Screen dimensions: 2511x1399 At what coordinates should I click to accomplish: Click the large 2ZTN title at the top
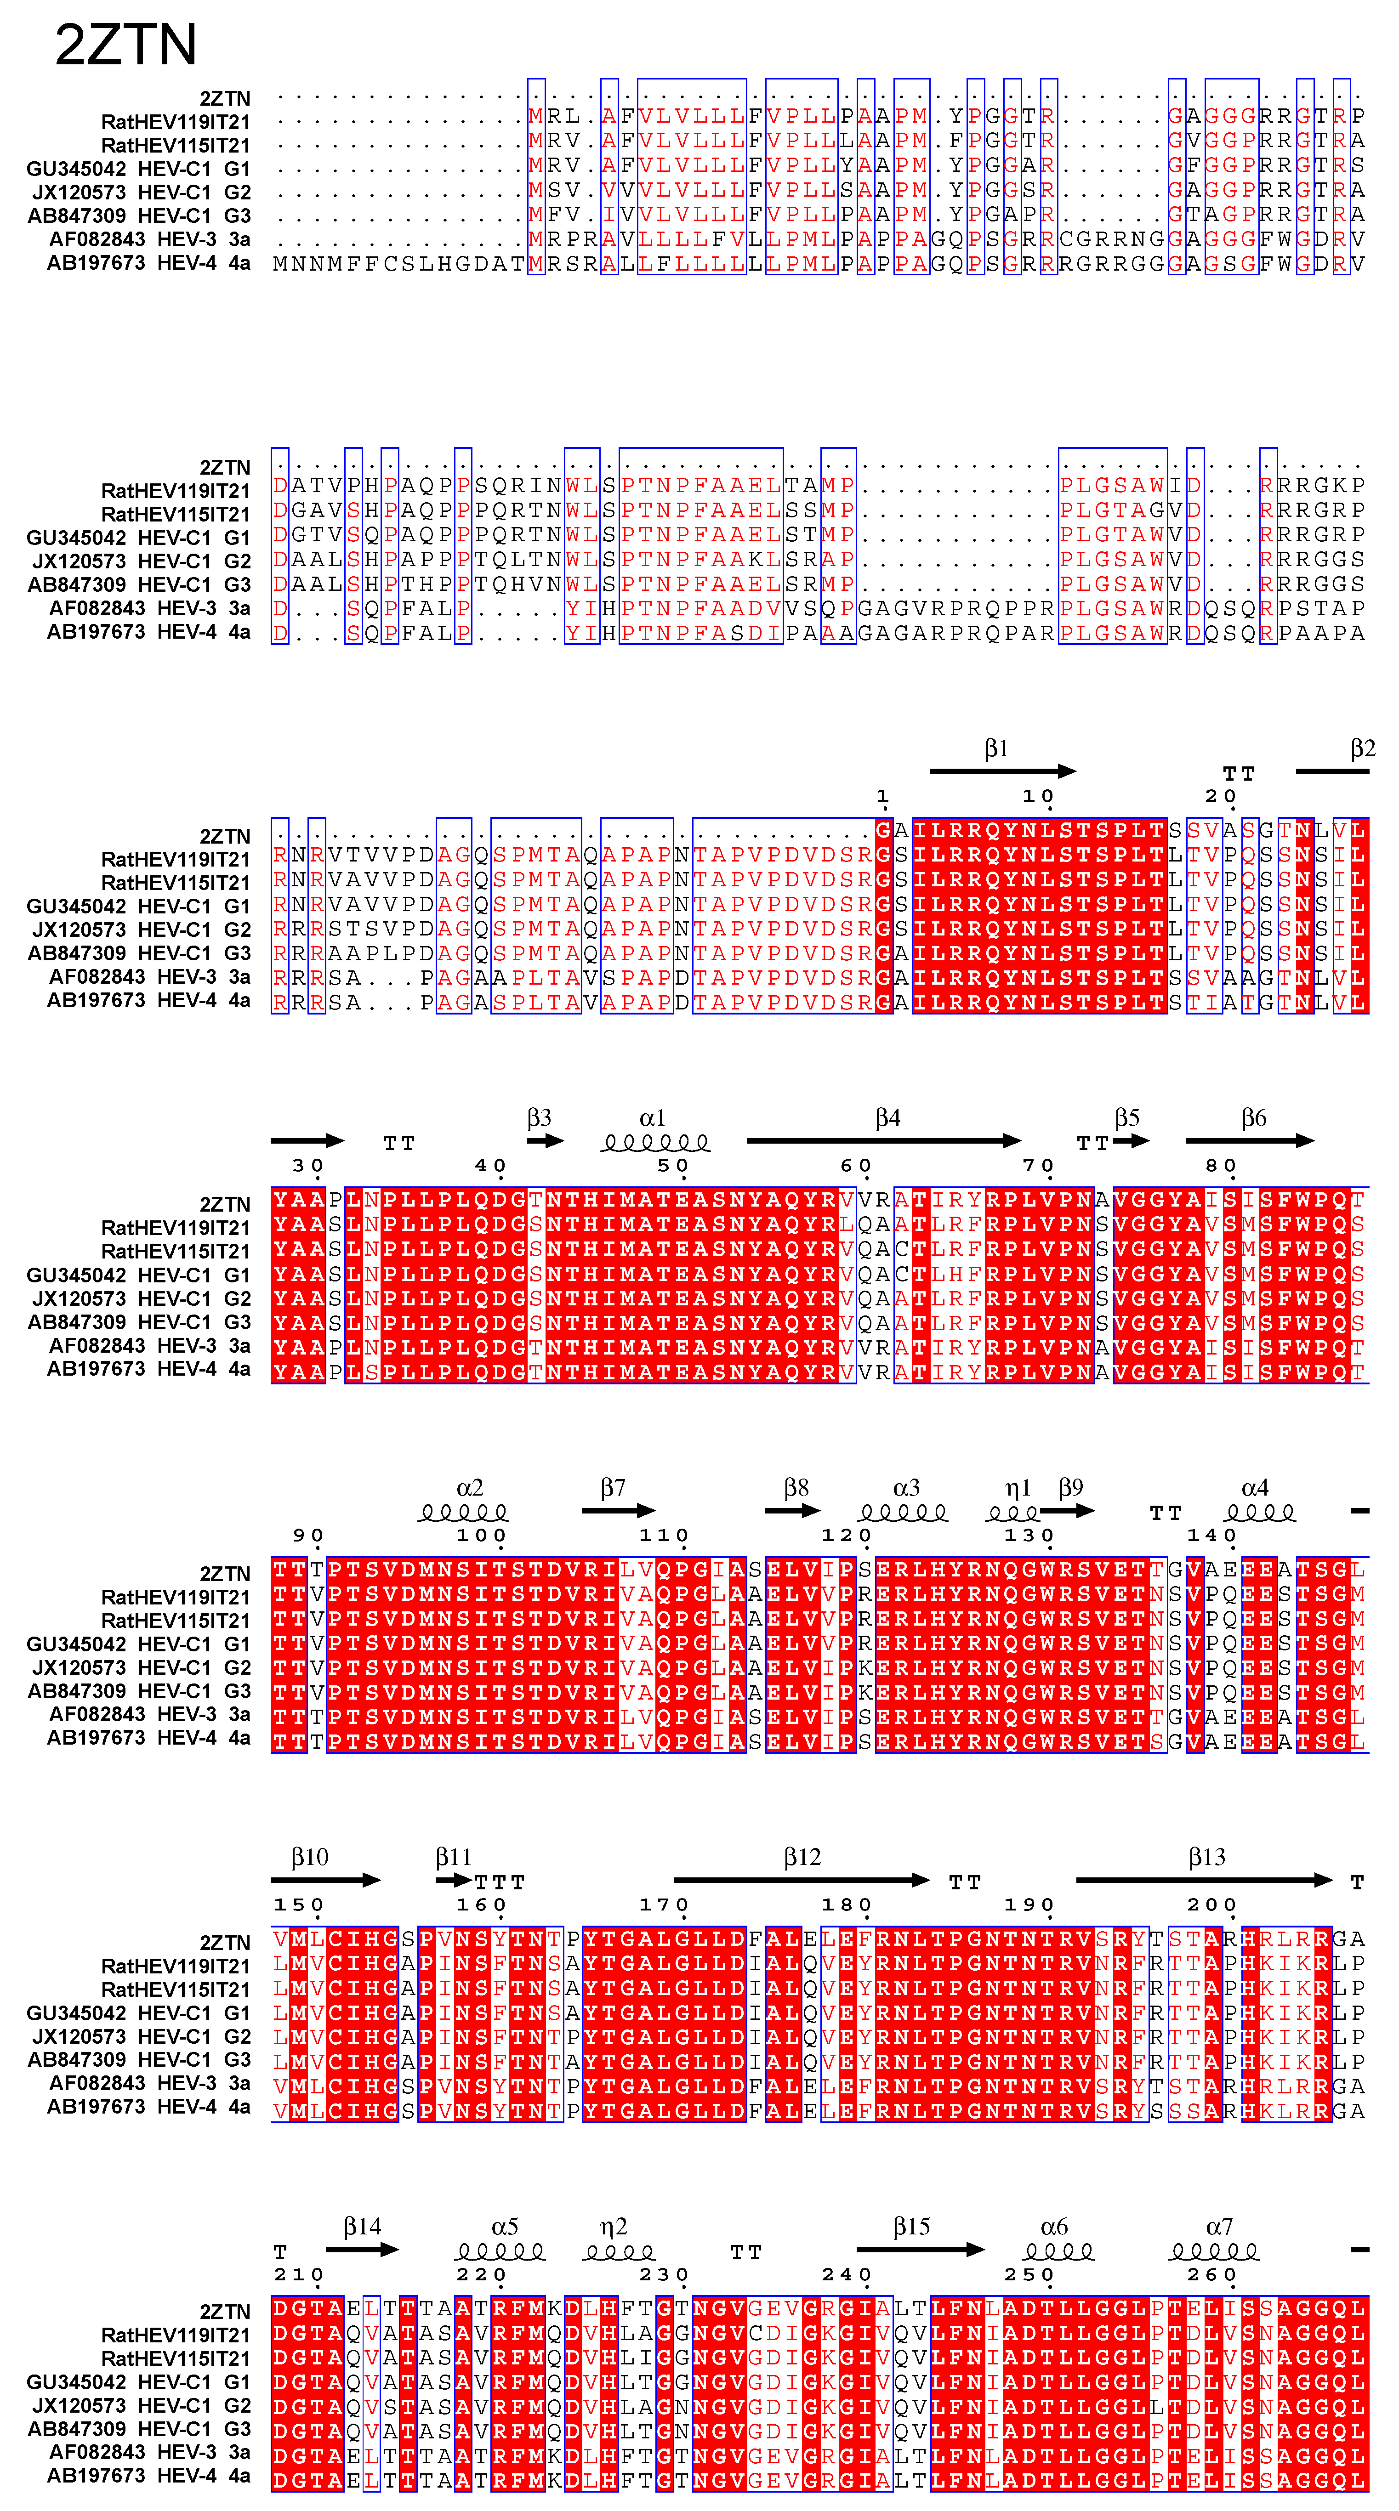126,45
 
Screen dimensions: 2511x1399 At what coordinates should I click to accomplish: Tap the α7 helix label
1219,2227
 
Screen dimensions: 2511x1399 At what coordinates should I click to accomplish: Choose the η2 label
613,2227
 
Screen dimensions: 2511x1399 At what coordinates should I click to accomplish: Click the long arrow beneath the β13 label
1204,1879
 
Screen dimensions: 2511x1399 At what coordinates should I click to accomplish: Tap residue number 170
665,1905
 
